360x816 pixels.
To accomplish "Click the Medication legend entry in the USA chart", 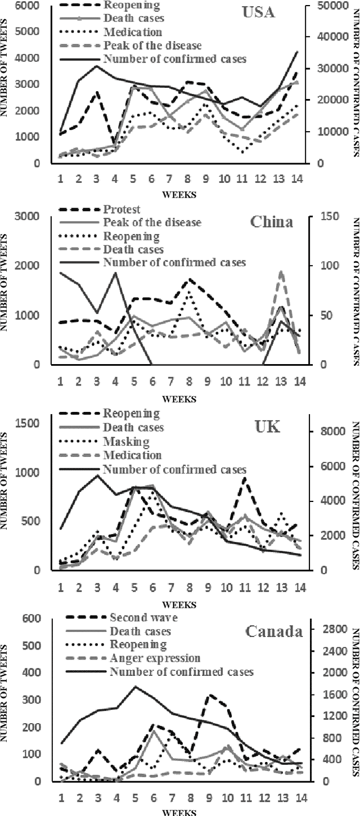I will [x=133, y=32].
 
